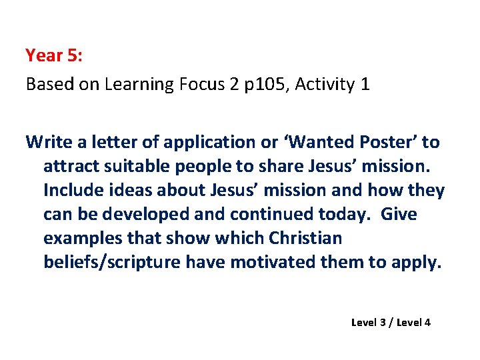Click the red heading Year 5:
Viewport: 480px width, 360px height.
click(x=54, y=55)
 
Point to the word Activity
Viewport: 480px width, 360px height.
click(x=323, y=85)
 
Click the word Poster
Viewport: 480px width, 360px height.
click(x=389, y=142)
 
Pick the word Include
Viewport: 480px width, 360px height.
click(x=71, y=190)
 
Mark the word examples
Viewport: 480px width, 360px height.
click(x=79, y=238)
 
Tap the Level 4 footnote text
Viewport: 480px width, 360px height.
click(x=413, y=323)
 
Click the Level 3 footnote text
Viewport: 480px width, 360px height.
click(x=369, y=323)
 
